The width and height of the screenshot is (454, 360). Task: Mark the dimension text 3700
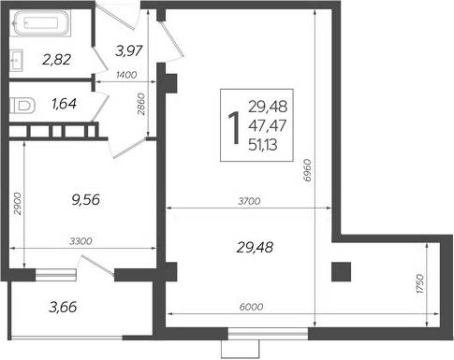[x=250, y=199]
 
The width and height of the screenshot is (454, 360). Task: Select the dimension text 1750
[x=421, y=281]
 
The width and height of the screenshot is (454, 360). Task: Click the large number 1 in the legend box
[x=232, y=124]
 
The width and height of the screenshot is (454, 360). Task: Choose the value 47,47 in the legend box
[x=268, y=124]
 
